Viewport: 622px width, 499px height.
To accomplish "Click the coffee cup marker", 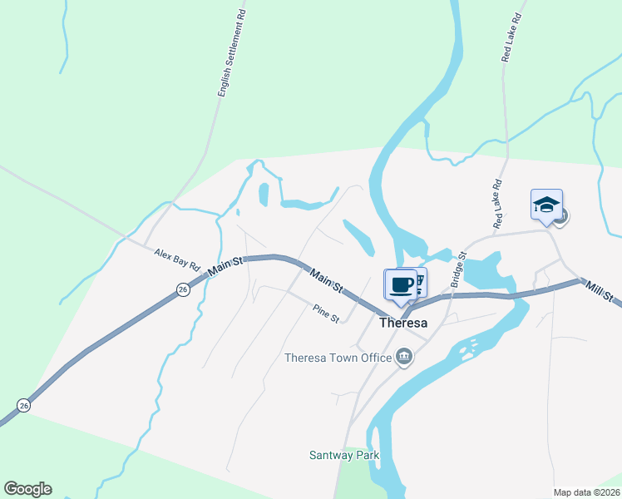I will point(401,284).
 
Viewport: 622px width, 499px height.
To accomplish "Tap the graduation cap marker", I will point(546,205).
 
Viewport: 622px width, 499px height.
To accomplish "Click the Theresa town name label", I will point(402,324).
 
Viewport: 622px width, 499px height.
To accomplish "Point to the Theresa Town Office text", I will point(338,358).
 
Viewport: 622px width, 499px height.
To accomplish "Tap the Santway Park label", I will point(344,455).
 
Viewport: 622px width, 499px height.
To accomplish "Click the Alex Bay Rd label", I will point(178,259).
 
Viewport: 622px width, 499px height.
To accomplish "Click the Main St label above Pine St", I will point(327,280).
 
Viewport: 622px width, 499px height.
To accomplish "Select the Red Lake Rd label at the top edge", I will point(511,37).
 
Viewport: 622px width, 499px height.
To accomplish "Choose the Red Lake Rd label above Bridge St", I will point(497,205).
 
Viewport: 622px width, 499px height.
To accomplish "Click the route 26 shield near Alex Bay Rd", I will point(183,289).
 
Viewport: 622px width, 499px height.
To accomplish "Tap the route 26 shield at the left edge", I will point(23,405).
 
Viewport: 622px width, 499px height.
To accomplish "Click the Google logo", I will point(27,489).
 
